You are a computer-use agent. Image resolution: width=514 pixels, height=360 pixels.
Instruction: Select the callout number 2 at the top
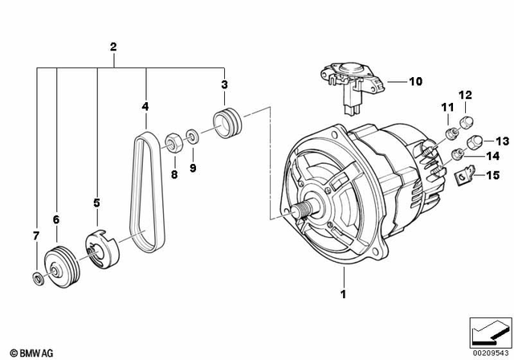coord(113,48)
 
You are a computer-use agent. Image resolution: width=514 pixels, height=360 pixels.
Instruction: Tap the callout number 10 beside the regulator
coord(415,81)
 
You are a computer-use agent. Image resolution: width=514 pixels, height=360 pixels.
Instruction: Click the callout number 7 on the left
coord(35,235)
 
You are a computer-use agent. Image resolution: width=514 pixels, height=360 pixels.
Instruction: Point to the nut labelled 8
coord(172,143)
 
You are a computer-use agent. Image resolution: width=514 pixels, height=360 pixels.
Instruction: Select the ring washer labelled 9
coord(194,136)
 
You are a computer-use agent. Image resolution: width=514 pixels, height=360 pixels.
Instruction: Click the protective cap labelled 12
coord(463,123)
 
